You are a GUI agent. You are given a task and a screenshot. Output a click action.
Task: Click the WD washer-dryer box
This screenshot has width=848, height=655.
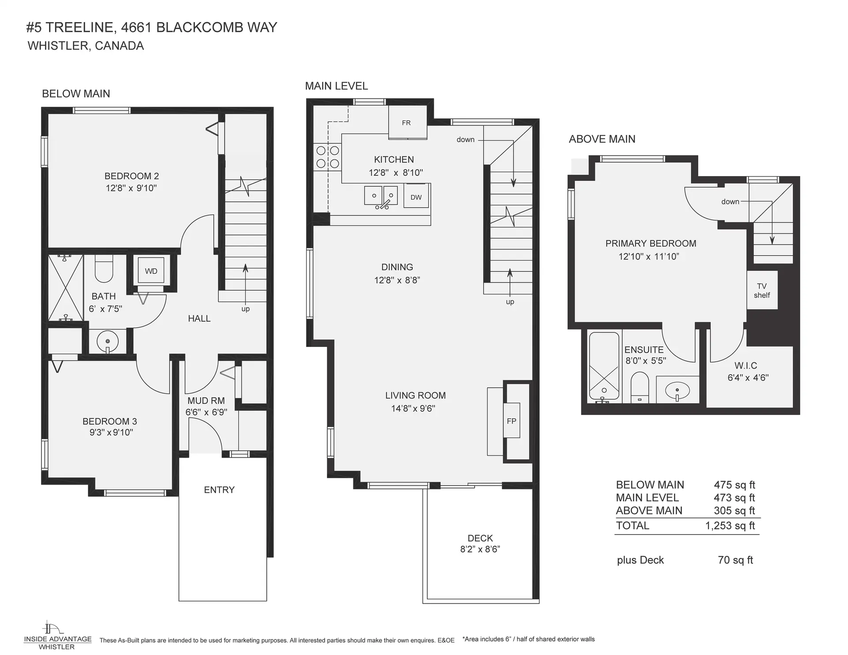coord(151,271)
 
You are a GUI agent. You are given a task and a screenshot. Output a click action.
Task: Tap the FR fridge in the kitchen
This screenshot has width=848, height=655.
coord(406,123)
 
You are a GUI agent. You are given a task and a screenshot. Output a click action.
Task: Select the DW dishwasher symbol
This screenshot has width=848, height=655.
coord(416,197)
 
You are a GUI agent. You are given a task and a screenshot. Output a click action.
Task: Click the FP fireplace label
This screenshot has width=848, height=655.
coord(511,421)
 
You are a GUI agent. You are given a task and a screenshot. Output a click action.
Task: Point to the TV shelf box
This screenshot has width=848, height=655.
coord(762,290)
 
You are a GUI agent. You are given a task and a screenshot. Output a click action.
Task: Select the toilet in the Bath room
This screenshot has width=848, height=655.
coord(104,271)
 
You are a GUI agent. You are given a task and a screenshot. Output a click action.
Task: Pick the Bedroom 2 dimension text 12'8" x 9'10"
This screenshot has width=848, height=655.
coord(131,188)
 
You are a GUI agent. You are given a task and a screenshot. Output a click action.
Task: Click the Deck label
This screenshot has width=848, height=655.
coord(480,538)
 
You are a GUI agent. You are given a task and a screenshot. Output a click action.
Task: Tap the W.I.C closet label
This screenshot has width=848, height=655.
coord(746,366)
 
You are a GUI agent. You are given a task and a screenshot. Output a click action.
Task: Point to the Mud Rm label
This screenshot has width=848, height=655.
coord(206,401)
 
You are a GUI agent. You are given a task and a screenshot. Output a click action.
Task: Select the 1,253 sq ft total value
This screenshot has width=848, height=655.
coord(730,526)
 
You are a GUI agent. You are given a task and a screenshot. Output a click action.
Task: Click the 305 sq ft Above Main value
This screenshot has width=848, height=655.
coord(734,511)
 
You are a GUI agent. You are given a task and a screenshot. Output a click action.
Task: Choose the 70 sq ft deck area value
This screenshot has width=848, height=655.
coord(735,560)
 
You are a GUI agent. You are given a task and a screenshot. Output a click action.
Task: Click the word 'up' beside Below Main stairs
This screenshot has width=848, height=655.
coord(246,309)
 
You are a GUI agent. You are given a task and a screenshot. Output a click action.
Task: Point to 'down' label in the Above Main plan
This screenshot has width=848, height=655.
coord(730,202)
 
